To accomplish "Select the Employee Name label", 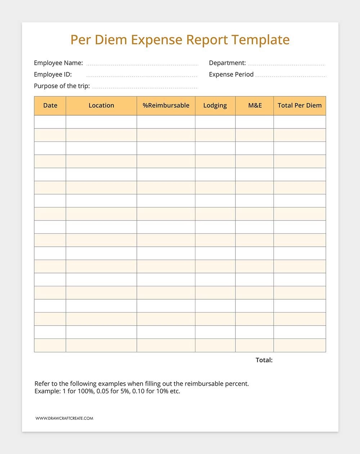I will click(x=58, y=63).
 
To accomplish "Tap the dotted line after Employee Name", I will click(x=142, y=65).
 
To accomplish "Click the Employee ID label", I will click(x=53, y=74).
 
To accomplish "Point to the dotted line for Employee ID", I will click(x=142, y=77).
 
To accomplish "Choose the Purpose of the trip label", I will click(x=62, y=86).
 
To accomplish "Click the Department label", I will click(x=227, y=63).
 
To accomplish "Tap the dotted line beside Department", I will click(x=287, y=65).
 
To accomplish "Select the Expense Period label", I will click(x=231, y=74).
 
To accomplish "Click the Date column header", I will click(x=50, y=105).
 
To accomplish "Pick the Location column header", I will click(x=101, y=105).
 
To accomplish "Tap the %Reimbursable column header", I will click(x=166, y=105).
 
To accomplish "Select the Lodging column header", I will click(x=215, y=105).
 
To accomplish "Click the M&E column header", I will click(x=255, y=105).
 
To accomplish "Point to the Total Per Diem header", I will click(x=300, y=105).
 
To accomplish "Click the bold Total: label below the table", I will click(x=264, y=360).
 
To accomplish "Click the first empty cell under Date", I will click(x=50, y=122).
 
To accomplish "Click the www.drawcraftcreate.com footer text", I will click(x=64, y=418).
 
